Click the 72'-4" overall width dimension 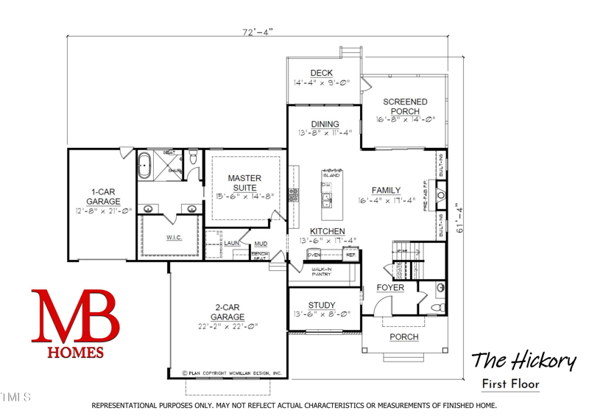click(257, 32)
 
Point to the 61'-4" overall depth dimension click(460, 219)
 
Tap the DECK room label click(321, 73)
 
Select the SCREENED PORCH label click(404, 107)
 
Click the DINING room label click(325, 124)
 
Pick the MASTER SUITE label click(244, 183)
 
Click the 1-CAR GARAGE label click(103, 197)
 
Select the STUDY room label click(322, 306)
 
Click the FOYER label click(390, 288)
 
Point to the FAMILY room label click(386, 190)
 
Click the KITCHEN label click(328, 231)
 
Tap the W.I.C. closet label click(174, 237)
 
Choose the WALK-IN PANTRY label click(322, 272)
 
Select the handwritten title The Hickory click(523, 361)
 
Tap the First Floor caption click(510, 384)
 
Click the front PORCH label click(403, 337)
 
